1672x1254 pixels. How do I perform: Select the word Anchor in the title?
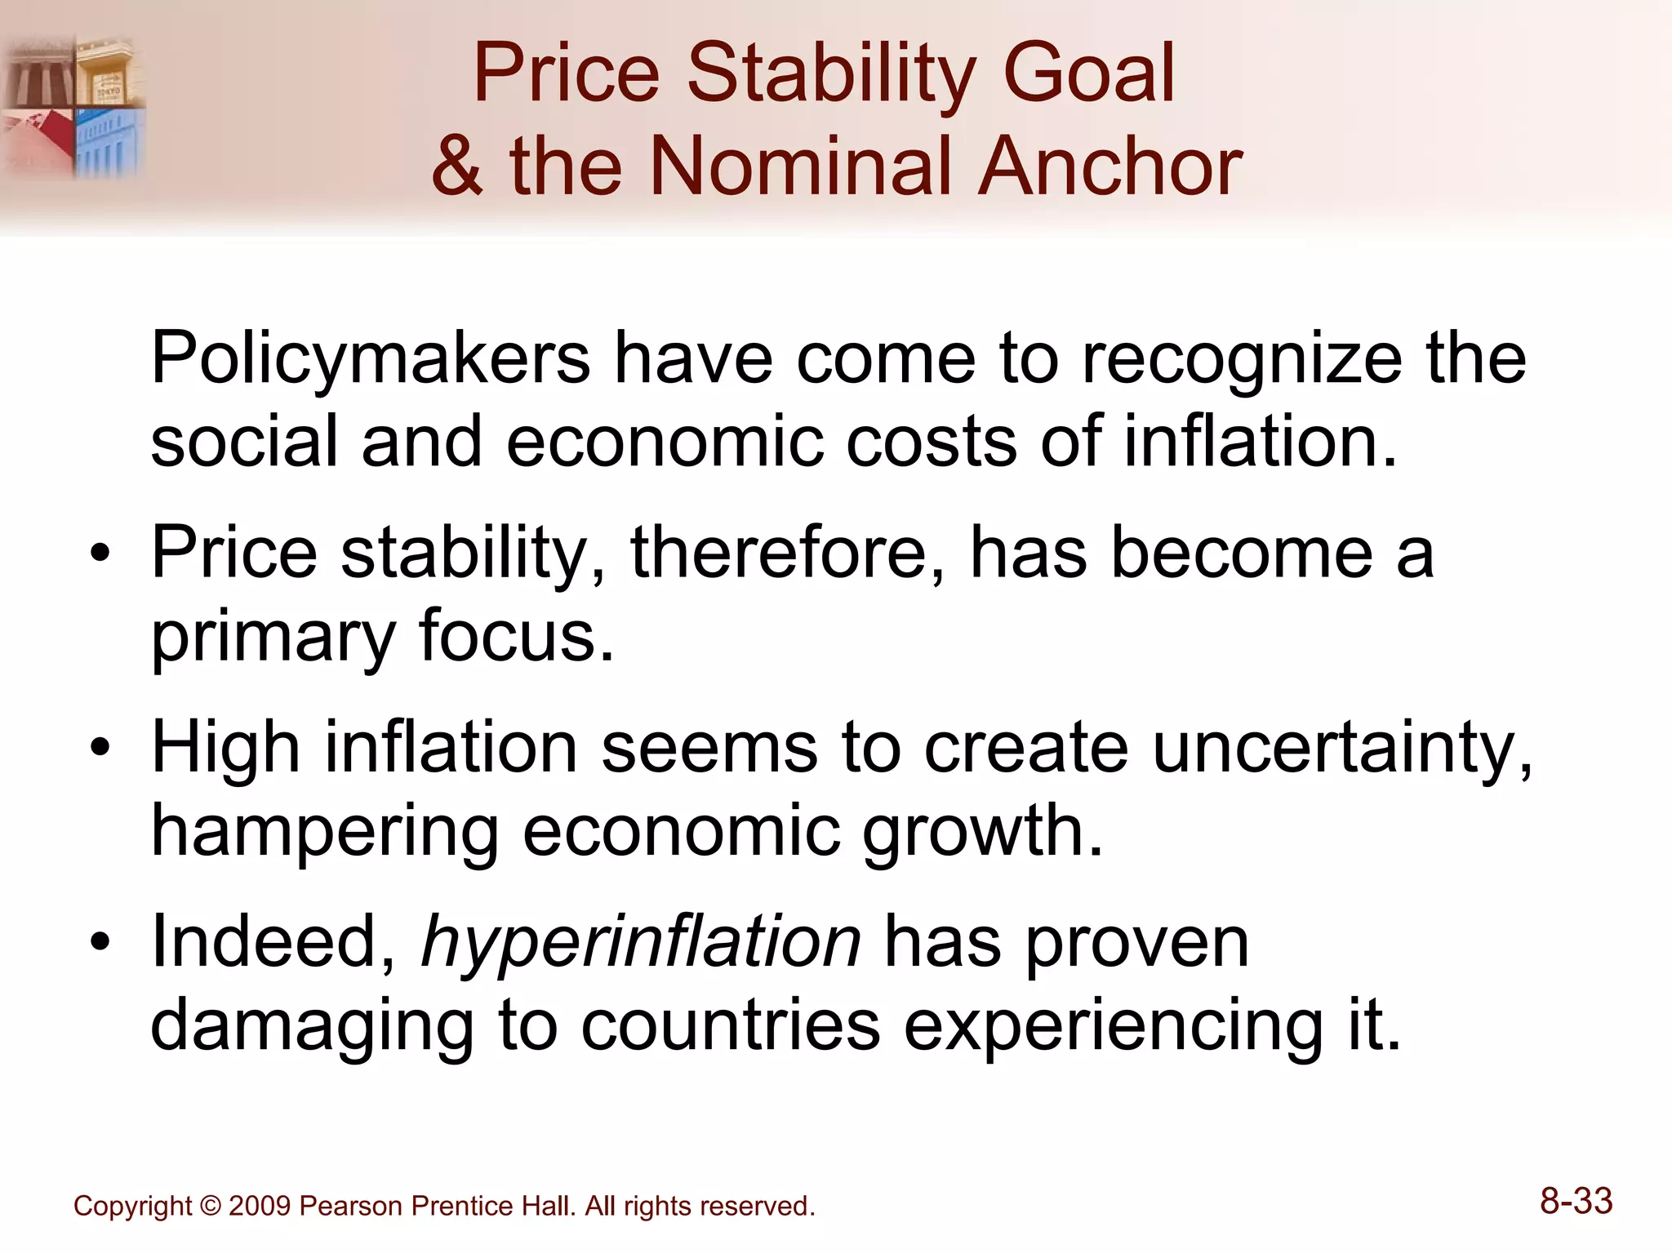(x=1109, y=167)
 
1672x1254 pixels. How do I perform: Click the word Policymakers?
(x=370, y=359)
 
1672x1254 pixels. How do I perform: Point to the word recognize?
(x=1241, y=359)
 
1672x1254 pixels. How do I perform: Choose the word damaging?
(x=312, y=1025)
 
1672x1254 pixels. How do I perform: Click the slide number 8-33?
(x=1576, y=1202)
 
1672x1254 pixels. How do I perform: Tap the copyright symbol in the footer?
(x=211, y=1207)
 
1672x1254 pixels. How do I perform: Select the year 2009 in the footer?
(x=260, y=1207)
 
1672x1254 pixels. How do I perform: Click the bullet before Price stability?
(x=100, y=555)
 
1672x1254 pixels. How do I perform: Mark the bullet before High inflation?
(x=100, y=749)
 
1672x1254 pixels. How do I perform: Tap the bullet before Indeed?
(x=100, y=944)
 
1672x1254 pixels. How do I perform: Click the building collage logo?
(x=73, y=106)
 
